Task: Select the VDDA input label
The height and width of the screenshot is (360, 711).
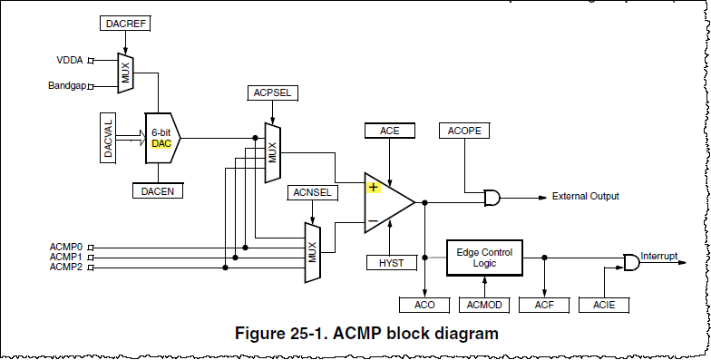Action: coord(69,61)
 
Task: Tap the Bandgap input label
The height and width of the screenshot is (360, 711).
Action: coord(66,86)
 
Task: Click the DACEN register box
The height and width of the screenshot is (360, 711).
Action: coord(158,190)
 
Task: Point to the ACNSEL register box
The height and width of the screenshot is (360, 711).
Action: coord(311,192)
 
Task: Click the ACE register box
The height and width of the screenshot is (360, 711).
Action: coord(390,131)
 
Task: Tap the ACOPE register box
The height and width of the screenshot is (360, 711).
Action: coord(465,131)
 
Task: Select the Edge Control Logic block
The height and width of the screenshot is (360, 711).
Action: coord(483,258)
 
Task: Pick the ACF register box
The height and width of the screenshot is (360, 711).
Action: coord(544,304)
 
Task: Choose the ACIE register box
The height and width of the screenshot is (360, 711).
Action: coord(604,304)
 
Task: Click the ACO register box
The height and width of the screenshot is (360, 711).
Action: coord(424,304)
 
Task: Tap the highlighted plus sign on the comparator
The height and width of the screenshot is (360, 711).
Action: coord(373,188)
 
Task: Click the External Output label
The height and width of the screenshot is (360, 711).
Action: coord(585,196)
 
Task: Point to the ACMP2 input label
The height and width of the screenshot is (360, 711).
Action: coord(66,268)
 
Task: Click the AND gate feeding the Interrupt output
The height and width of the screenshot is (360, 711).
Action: coord(630,262)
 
